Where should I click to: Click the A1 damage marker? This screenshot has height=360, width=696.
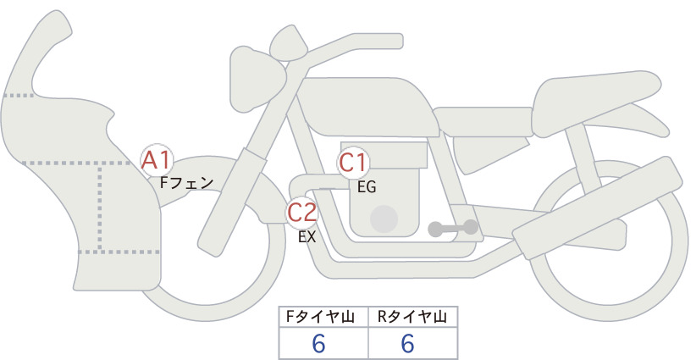156,160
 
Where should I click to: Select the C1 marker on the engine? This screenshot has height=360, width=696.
352,163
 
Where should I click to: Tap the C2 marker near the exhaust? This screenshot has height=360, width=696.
301,212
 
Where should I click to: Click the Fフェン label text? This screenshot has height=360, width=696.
186,183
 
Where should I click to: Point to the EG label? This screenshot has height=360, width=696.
367,187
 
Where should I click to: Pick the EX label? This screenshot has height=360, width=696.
307,237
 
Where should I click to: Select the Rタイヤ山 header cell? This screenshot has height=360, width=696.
413,317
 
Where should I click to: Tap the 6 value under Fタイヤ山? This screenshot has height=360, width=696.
318,343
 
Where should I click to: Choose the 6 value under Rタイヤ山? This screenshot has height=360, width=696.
407,343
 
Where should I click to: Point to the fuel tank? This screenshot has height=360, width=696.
366,107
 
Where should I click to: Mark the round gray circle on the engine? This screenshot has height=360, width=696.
384,219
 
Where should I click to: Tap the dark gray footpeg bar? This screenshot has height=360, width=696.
453,228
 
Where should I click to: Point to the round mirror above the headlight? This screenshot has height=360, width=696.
289,43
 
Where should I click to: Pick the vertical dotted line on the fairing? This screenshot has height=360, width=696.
100,208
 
